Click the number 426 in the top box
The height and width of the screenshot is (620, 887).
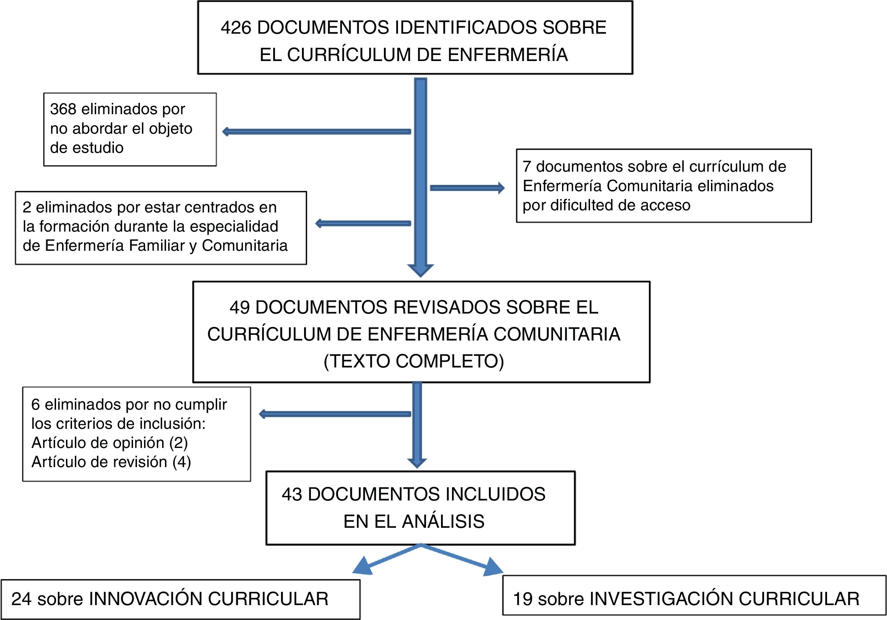pos(236,28)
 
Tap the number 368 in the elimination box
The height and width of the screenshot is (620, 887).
pos(63,109)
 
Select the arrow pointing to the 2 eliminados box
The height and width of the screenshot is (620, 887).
pos(363,223)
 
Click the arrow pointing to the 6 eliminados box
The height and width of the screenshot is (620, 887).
pos(335,414)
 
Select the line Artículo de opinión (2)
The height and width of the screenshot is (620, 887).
pos(109,443)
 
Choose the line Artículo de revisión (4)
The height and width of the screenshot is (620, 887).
pos(111,462)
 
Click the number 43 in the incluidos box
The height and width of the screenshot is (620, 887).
pos(292,494)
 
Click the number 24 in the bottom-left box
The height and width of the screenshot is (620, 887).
pos(21,599)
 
